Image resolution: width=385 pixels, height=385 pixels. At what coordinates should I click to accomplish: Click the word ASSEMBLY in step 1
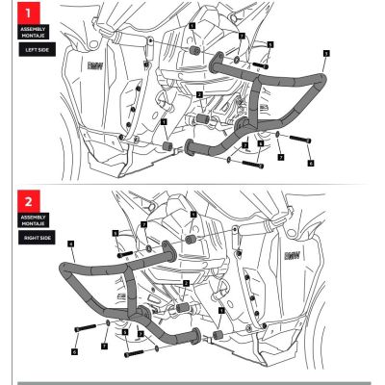pyautogui.click(x=33, y=30)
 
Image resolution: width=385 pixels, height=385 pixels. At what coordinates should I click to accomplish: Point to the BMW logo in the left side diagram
pyautogui.click(x=94, y=66)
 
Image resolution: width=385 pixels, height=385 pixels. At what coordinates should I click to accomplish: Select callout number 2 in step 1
pyautogui.click(x=198, y=94)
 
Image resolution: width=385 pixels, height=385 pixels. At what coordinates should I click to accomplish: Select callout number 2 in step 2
pyautogui.click(x=186, y=283)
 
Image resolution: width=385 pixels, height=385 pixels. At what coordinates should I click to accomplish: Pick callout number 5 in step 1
pyautogui.click(x=270, y=44)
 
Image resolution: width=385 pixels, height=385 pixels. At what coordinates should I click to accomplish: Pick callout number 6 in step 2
pyautogui.click(x=73, y=352)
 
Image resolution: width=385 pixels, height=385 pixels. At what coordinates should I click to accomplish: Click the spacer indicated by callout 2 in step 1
pyautogui.click(x=204, y=120)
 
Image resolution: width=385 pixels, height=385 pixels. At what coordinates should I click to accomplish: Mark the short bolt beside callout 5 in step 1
pyautogui.click(x=258, y=66)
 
